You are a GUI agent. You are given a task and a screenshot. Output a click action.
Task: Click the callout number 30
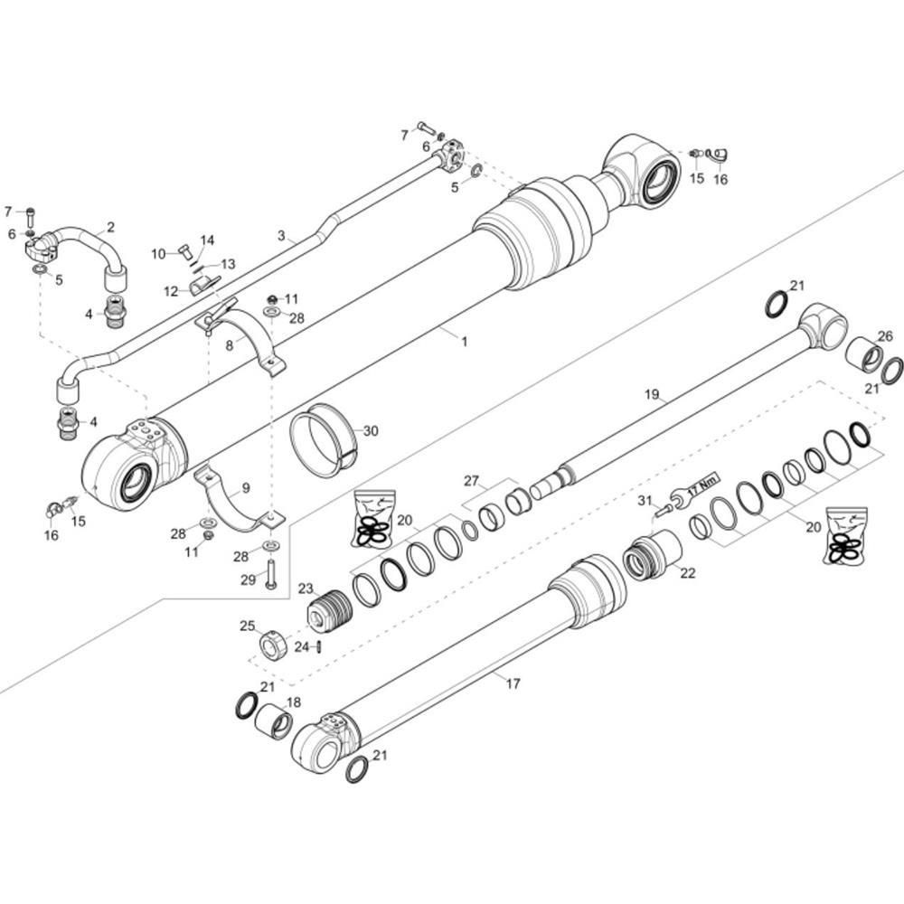pyautogui.click(x=371, y=430)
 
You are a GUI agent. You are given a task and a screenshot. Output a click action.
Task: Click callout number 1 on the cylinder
pyautogui.click(x=464, y=342)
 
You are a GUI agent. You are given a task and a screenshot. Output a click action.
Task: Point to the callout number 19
pyautogui.click(x=652, y=394)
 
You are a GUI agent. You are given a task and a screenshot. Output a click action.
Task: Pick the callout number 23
pyautogui.click(x=306, y=589)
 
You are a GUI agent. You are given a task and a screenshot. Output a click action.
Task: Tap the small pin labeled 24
pyautogui.click(x=319, y=647)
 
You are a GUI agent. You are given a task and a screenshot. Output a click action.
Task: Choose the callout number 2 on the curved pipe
pyautogui.click(x=110, y=227)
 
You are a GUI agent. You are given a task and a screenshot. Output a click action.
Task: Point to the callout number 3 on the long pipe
pyautogui.click(x=281, y=235)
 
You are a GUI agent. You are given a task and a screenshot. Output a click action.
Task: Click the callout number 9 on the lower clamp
pyautogui.click(x=246, y=488)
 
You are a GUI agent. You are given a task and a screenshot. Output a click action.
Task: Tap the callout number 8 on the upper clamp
pyautogui.click(x=230, y=345)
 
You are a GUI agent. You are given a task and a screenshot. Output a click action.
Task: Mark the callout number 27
pyautogui.click(x=472, y=481)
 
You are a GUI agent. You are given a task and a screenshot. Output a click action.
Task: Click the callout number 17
pyautogui.click(x=513, y=683)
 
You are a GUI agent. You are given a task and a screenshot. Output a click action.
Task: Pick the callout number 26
pyautogui.click(x=885, y=335)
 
